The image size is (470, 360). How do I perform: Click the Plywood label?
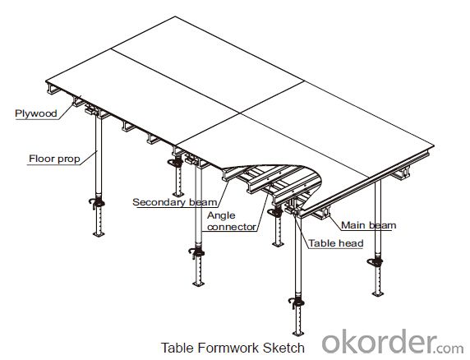(36, 113)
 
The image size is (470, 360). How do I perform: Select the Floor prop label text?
(54, 159)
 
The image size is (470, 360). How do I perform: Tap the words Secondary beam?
(175, 202)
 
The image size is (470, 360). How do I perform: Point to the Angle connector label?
(232, 221)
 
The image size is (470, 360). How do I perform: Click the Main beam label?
(369, 225)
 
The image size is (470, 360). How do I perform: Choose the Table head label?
(336, 243)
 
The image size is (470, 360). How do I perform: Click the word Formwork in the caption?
(230, 348)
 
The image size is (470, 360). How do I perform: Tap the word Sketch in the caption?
(283, 348)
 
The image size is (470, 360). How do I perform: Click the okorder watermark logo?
(393, 342)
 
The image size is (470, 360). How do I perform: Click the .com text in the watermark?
(450, 348)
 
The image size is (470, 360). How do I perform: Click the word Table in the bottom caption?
(177, 348)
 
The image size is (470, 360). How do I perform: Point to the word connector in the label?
(232, 227)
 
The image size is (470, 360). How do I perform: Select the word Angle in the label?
(221, 216)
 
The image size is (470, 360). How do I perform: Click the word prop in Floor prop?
(69, 159)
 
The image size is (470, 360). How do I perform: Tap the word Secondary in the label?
(159, 202)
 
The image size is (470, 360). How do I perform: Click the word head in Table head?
(352, 243)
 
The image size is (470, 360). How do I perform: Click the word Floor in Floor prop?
(42, 159)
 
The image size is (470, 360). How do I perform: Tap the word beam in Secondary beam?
(203, 202)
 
